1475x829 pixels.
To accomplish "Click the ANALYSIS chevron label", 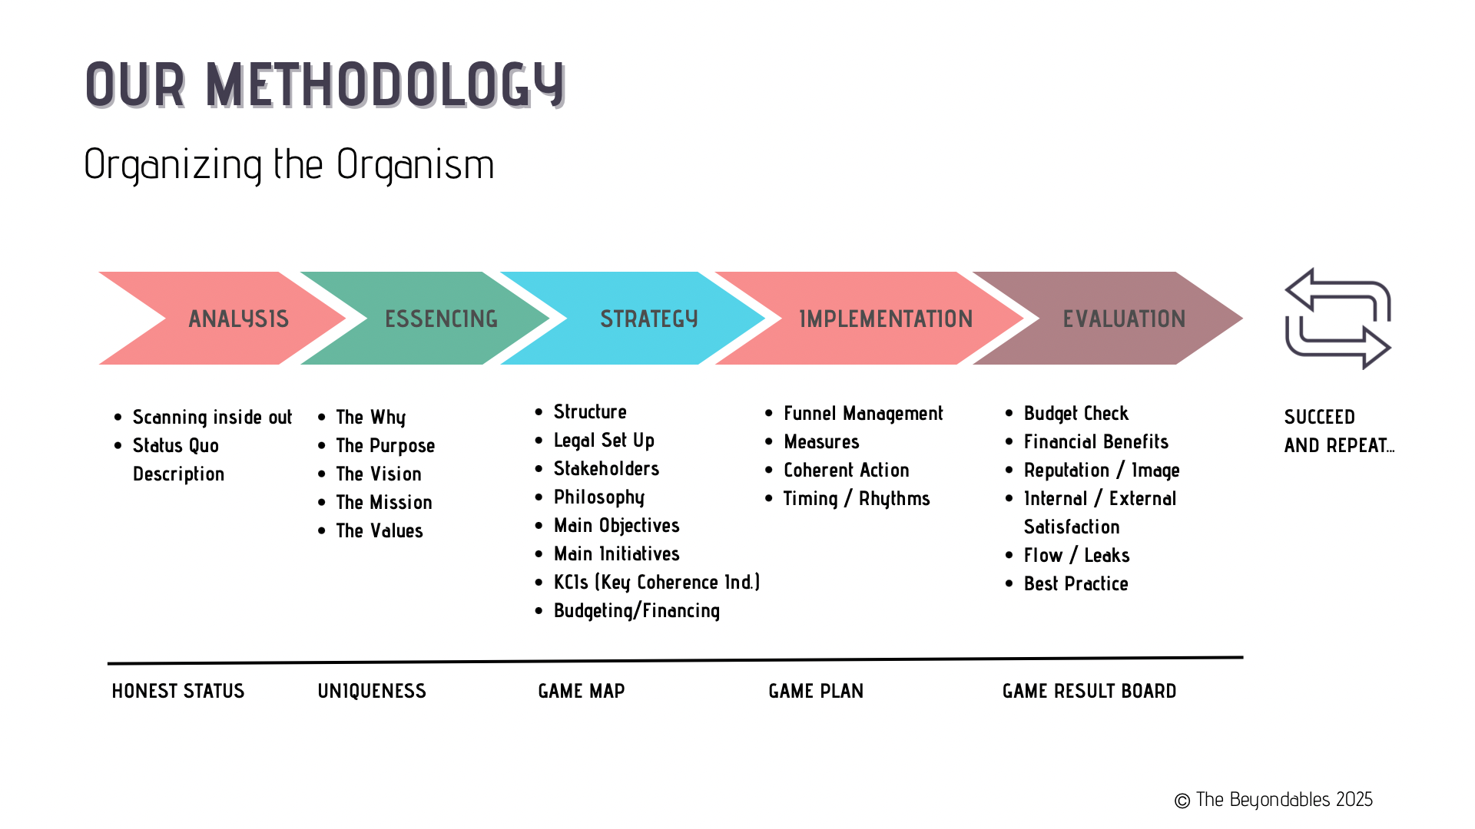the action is [x=238, y=319].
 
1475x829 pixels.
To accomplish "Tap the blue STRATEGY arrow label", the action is [x=649, y=319].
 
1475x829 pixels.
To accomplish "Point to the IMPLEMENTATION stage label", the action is [x=886, y=319].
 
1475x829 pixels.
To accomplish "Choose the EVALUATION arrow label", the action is [x=1124, y=319].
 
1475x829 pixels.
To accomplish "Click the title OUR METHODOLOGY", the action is [x=326, y=84].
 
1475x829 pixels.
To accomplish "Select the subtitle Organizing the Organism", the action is [x=289, y=164].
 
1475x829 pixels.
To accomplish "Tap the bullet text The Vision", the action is [x=379, y=474].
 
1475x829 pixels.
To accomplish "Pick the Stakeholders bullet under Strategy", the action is [x=606, y=468].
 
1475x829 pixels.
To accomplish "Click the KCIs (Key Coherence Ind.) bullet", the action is [x=657, y=583].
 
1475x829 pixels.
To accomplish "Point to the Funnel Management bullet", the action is [x=863, y=414].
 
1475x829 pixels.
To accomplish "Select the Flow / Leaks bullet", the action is [x=1076, y=555].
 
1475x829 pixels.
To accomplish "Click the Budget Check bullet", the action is [x=1076, y=414].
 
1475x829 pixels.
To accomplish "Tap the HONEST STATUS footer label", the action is [x=178, y=691].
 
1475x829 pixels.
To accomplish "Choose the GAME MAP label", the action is [x=582, y=691].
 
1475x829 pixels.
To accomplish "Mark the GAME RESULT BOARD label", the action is [x=1089, y=691].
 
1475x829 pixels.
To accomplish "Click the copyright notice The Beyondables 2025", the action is [x=1273, y=800].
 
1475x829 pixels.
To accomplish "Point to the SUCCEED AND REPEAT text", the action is [x=1339, y=431].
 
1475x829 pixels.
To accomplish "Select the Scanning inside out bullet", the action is [x=212, y=417].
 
